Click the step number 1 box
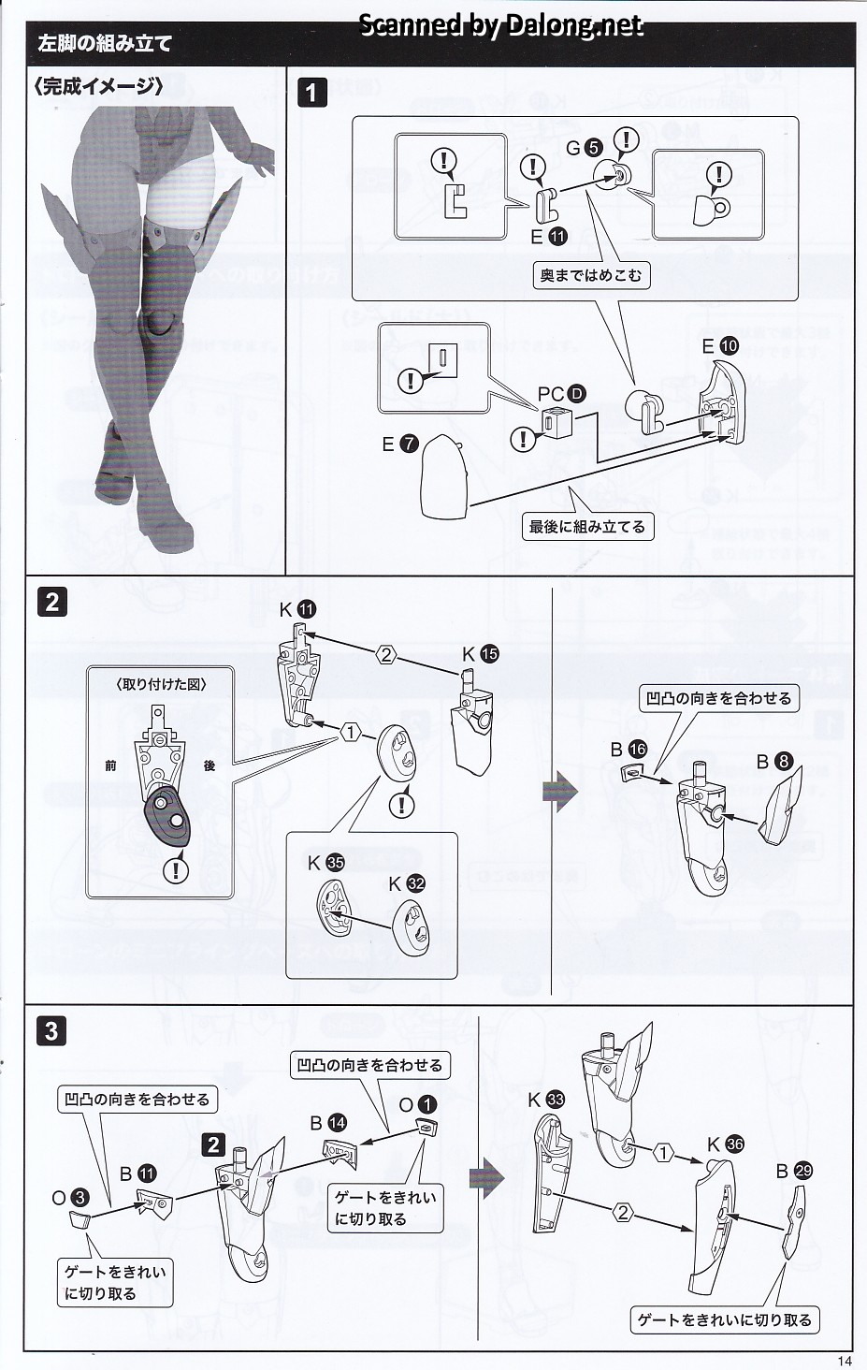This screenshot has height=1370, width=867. point(312,93)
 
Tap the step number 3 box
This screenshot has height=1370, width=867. point(51,1031)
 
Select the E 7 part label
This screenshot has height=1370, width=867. point(399,445)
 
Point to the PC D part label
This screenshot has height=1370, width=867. point(561,394)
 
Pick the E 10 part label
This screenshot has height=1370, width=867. point(720,346)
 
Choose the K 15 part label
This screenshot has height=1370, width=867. point(480,655)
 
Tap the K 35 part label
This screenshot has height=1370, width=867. point(325,863)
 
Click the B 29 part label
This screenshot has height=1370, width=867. point(793,1171)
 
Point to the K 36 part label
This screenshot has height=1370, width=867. point(725,1144)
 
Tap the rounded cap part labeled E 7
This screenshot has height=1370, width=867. point(445,478)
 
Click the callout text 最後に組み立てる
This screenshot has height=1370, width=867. point(587,527)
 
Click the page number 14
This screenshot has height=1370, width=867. point(845,1361)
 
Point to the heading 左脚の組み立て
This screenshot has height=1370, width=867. point(105,44)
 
